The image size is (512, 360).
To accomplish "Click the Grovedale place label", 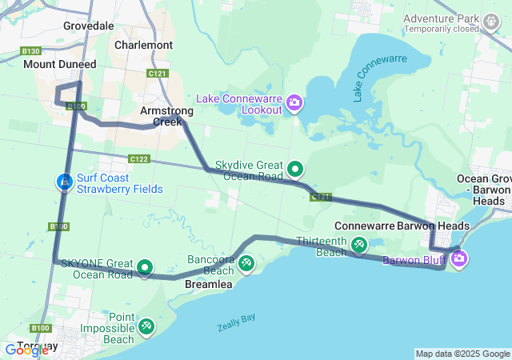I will click(88, 26).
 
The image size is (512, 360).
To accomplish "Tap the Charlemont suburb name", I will click(143, 45).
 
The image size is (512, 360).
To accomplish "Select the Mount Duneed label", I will click(59, 64).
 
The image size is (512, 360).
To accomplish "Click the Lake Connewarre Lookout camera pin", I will click(294, 102).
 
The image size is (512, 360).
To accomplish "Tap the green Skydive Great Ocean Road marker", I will click(295, 168).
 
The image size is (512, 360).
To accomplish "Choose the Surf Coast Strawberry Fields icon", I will click(64, 183).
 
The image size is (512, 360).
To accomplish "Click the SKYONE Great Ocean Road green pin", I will click(145, 267).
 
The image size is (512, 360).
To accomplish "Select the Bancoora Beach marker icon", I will click(246, 262).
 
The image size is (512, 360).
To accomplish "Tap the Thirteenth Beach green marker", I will click(359, 244).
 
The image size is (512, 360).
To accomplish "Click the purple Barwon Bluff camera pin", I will click(458, 258).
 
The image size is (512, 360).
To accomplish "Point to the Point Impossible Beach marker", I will click(146, 326).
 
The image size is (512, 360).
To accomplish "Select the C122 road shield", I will click(138, 158).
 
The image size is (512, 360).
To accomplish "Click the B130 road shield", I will click(30, 51).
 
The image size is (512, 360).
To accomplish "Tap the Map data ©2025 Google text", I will click(462, 354).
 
